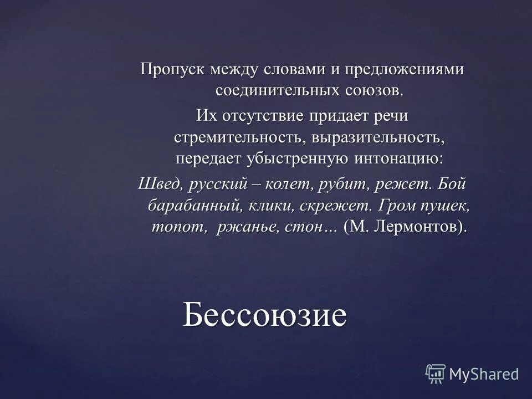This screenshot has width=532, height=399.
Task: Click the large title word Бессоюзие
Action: pyautogui.click(x=265, y=315)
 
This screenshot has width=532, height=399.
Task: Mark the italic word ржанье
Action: pyautogui.click(x=242, y=226)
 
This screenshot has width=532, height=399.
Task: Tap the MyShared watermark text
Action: pyautogui.click(x=484, y=374)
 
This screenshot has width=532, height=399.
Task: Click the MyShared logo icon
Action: pyautogui.click(x=435, y=374)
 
